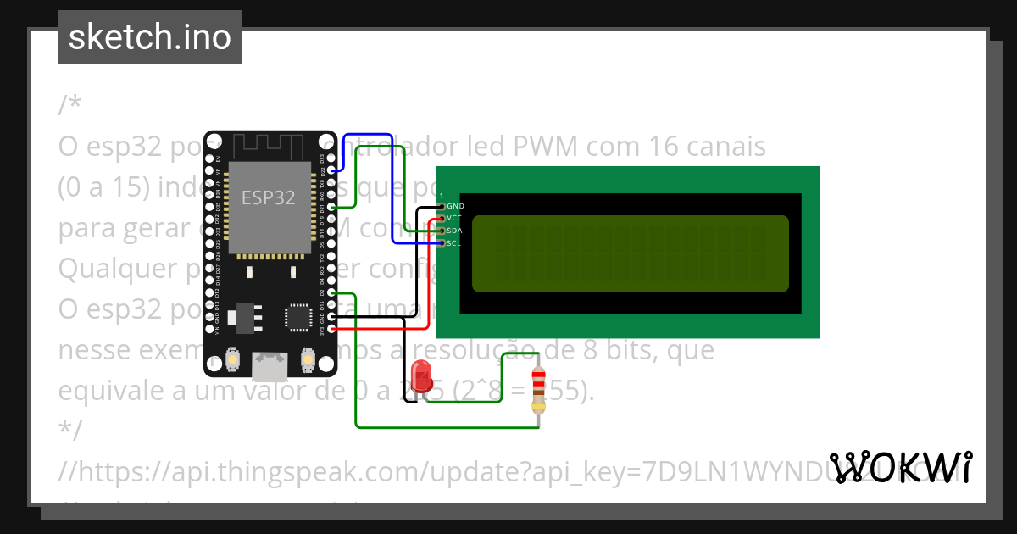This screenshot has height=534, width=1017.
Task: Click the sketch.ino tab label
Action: pos(149,37)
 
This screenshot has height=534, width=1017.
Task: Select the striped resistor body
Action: pos(538,391)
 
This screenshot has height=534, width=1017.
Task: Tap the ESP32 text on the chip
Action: pos(269,197)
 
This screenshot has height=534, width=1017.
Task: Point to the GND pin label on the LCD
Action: pos(455,206)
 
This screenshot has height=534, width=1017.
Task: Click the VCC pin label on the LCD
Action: pos(455,218)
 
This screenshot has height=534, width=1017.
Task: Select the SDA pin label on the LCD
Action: pos(455,231)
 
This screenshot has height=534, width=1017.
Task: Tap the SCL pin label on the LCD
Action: pos(455,243)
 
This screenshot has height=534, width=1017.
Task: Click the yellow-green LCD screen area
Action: pos(630,253)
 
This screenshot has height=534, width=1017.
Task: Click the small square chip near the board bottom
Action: pos(298,314)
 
